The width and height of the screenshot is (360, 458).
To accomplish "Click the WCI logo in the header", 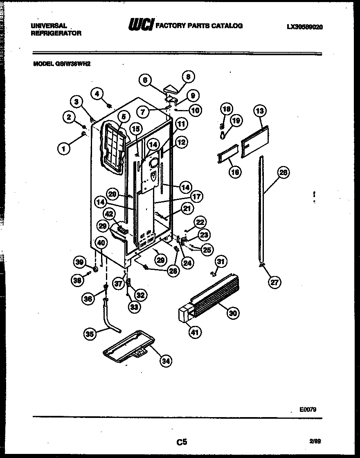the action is coord(141,25).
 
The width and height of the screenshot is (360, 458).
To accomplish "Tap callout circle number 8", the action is coord(188,76).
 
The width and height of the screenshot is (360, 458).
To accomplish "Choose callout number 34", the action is coord(165,361).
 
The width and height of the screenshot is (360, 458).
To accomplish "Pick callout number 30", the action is coord(233,313).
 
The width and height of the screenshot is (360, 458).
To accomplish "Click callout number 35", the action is coord(90,334).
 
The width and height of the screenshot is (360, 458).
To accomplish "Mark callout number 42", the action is coord(109,213).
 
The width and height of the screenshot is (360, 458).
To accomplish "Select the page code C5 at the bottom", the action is coord(182,442).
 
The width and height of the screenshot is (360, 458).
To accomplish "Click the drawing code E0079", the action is coord(308,409).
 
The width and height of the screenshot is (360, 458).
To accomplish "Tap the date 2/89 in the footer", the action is coord(315,441).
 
